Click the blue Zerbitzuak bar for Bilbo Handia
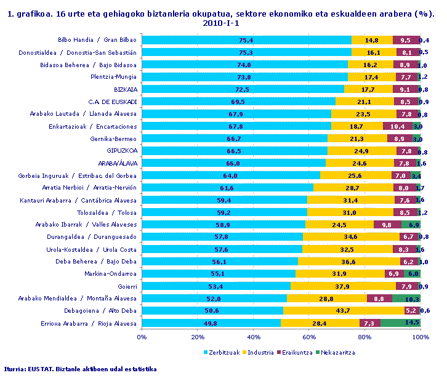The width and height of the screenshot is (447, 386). tap(246, 40)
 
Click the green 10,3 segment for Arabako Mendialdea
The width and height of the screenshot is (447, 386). tap(406, 299)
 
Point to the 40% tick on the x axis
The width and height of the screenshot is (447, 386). tap(254, 337)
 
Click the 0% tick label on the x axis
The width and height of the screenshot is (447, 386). tap(142, 337)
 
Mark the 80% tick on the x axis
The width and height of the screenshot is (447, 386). tap(365, 337)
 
